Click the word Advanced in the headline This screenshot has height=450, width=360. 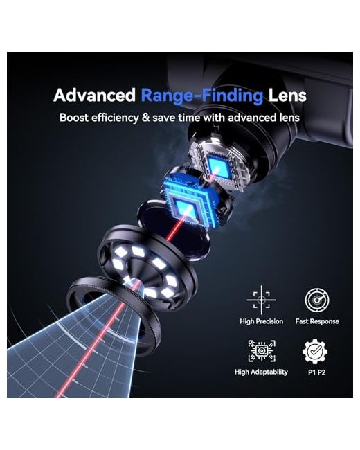pyautogui.click(x=94, y=95)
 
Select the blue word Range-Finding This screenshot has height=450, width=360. pyautogui.click(x=202, y=96)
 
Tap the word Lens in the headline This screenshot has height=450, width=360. pyautogui.click(x=287, y=95)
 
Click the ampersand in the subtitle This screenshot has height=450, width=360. pyautogui.click(x=145, y=118)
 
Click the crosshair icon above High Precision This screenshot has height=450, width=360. pyautogui.click(x=261, y=300)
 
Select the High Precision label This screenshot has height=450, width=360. pyautogui.click(x=261, y=321)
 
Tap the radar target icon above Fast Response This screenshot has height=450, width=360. pyautogui.click(x=317, y=300)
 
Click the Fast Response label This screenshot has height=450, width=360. pyautogui.click(x=317, y=321)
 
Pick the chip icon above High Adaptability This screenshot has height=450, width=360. pyautogui.click(x=262, y=351)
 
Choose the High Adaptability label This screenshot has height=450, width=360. pyautogui.click(x=261, y=372)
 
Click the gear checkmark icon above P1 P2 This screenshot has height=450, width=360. pyautogui.click(x=315, y=352)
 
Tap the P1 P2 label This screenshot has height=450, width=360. pyautogui.click(x=316, y=372)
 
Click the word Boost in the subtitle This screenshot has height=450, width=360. pyautogui.click(x=74, y=118)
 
